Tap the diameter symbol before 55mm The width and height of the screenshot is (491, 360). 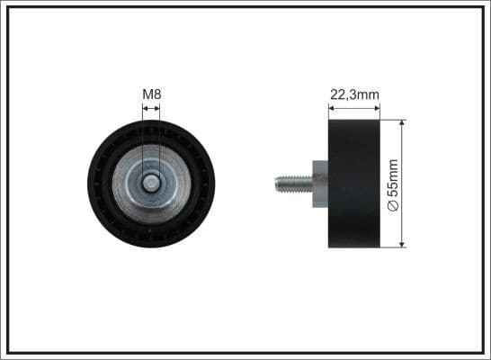coord(392,206)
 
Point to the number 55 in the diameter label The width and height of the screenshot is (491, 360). coord(392,191)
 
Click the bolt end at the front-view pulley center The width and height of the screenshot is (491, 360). coord(152,184)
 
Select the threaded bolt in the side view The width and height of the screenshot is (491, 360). coord(293,184)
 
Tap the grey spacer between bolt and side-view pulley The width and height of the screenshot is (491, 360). coord(320,184)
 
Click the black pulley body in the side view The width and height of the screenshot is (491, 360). coord(354,184)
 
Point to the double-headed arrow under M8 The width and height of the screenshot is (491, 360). coord(151,108)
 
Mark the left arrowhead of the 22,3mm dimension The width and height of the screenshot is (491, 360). coord(331,108)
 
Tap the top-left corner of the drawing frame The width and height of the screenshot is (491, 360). coord(7,7)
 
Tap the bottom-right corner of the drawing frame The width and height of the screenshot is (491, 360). coord(484,352)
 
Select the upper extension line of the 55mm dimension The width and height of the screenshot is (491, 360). coord(394,120)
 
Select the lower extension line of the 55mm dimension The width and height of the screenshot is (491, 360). coord(394,247)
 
